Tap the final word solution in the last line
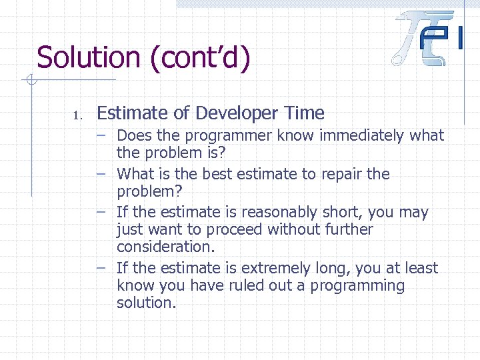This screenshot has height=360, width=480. [146, 303]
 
